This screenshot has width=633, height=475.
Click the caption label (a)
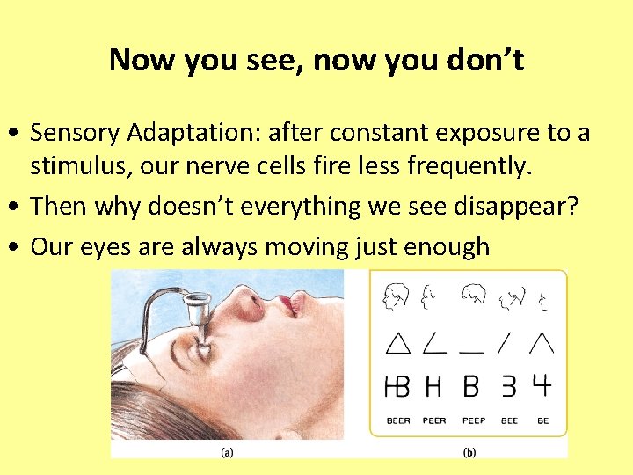[226, 453]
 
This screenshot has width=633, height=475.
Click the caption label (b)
[469, 453]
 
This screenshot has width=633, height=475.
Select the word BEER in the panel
[398, 421]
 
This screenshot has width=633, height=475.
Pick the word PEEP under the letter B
[472, 421]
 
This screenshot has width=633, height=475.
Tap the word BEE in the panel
[509, 421]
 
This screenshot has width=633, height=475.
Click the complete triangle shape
[397, 343]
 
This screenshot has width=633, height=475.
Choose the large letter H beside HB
[433, 385]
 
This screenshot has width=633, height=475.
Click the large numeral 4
[542, 385]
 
